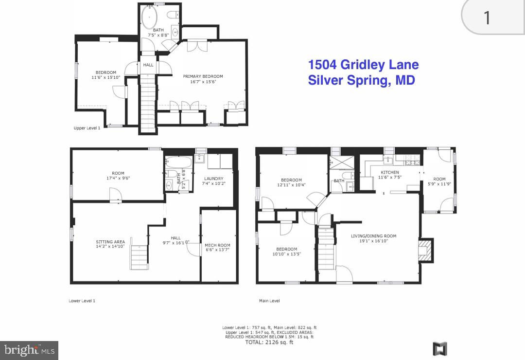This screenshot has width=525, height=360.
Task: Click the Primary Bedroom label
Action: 203,79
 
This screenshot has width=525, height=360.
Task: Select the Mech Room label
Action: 217,248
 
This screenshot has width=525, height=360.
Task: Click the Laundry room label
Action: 214,180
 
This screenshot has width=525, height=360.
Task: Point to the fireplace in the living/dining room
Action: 425,250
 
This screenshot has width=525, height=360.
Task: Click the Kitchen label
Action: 389,175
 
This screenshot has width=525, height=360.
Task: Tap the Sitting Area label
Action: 110,244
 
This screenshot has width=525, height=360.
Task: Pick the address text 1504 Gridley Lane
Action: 363,65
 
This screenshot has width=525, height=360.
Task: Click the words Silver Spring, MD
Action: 361,80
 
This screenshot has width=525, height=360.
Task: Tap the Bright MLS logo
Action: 29,350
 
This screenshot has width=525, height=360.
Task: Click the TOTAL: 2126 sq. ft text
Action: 269,342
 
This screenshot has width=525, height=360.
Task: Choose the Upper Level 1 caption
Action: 87,128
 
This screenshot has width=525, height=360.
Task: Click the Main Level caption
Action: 269,301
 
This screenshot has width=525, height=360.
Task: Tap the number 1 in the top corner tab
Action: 487,18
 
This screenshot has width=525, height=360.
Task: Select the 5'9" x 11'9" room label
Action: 439,181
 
